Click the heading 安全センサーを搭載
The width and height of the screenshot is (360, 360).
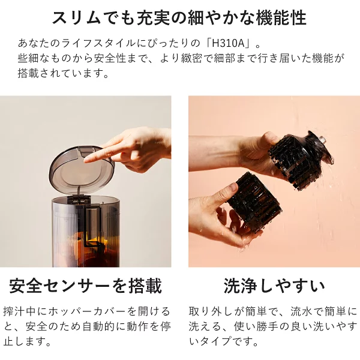85,286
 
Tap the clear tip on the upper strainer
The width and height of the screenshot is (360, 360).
322,140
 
